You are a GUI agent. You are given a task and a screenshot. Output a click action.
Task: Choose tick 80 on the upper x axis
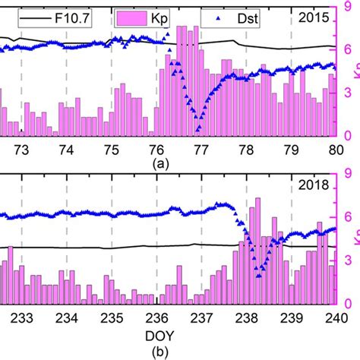point(336,147)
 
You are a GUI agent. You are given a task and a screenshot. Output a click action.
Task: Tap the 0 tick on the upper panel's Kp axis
point(349,135)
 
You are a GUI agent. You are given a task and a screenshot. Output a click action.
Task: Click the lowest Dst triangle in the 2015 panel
point(197,116)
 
